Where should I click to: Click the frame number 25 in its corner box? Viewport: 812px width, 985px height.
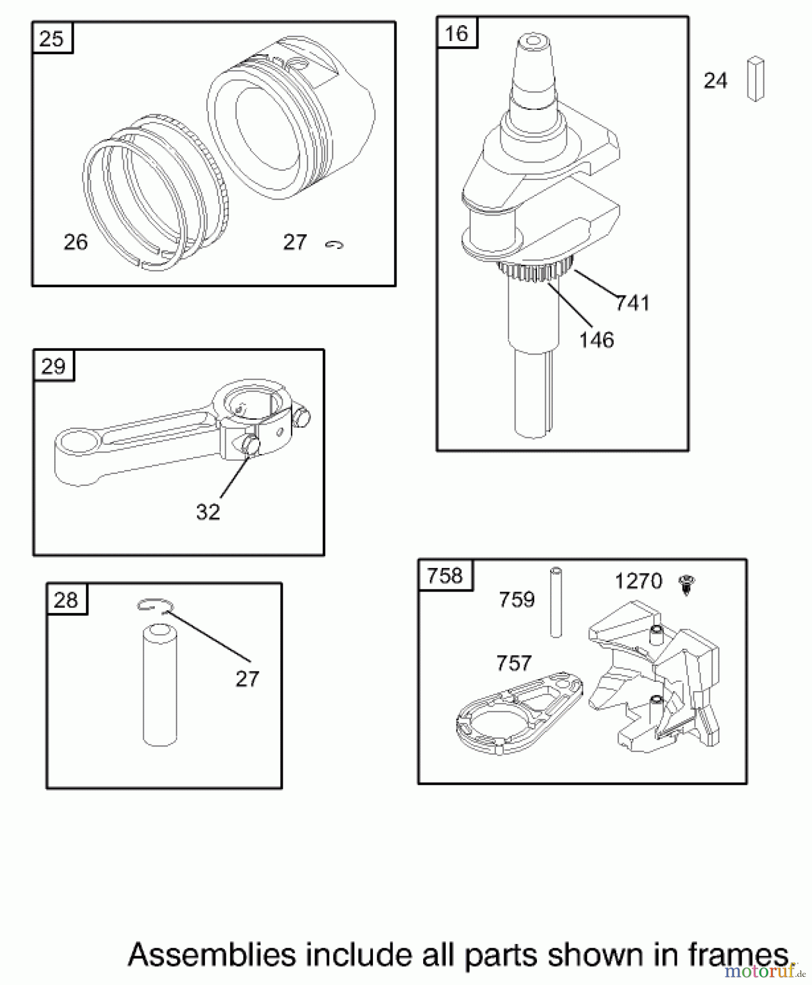click(x=52, y=39)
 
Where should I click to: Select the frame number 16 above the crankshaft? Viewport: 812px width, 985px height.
click(x=457, y=34)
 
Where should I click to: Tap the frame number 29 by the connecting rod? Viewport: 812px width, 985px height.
click(x=53, y=366)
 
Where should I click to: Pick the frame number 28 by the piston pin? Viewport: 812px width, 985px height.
click(x=66, y=600)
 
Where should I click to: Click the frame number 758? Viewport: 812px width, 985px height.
click(x=445, y=576)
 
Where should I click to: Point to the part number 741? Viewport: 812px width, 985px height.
click(x=633, y=303)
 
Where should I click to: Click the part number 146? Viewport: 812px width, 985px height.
click(x=597, y=340)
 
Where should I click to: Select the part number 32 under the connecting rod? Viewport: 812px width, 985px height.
click(x=208, y=512)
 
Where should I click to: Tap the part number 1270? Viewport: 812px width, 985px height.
click(x=638, y=581)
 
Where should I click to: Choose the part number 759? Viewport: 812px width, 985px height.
click(x=516, y=600)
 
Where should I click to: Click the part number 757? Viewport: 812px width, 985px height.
click(x=513, y=663)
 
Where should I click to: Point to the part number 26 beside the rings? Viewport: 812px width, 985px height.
click(x=75, y=242)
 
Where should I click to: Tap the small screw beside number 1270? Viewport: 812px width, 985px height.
click(x=685, y=585)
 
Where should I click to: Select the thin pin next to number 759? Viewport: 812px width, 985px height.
click(x=556, y=602)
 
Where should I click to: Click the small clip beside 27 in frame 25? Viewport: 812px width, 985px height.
click(x=334, y=245)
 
